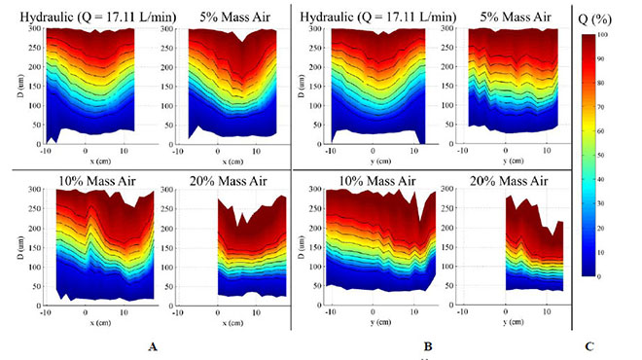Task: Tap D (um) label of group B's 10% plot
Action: click(x=298, y=241)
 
